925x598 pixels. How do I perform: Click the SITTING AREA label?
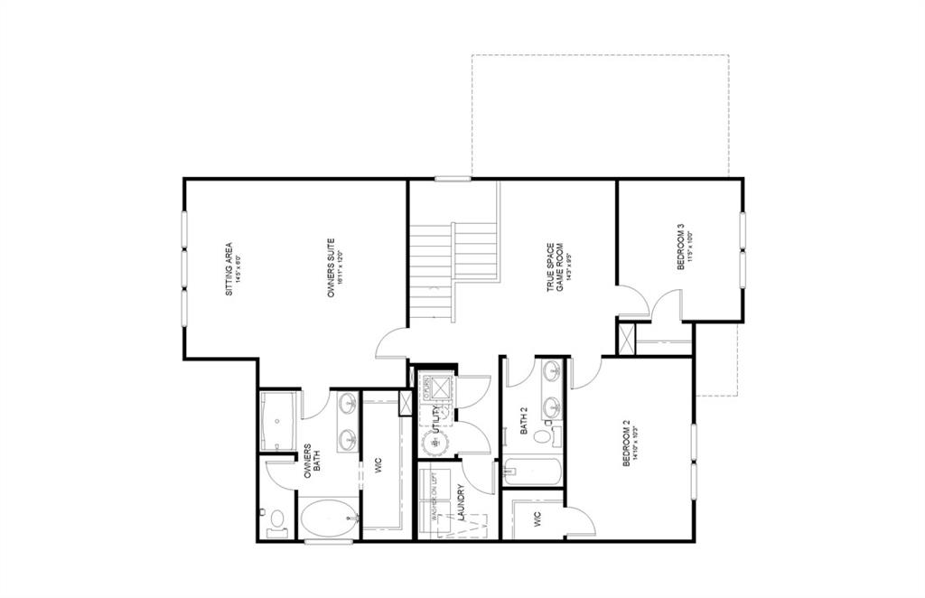point(233,263)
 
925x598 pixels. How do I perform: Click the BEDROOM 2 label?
point(630,442)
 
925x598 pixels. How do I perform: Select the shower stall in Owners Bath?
point(276,421)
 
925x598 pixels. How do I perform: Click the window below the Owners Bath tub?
point(322,542)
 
